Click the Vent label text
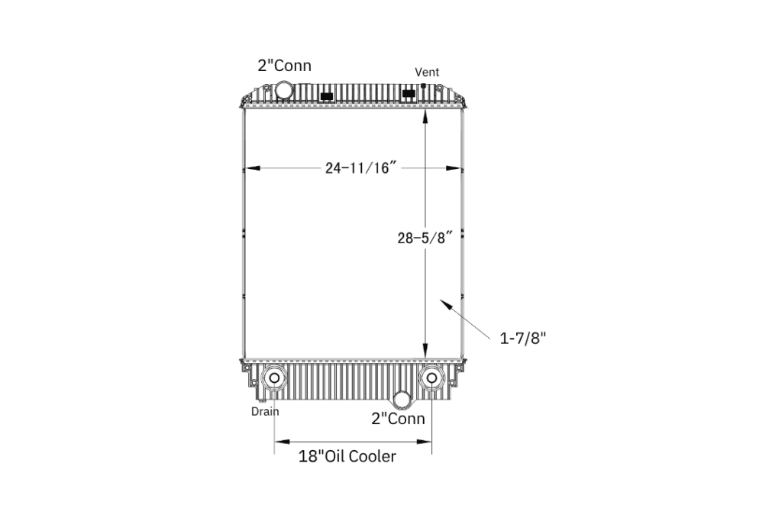tap(427, 73)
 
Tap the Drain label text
tap(265, 412)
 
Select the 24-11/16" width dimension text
tap(360, 167)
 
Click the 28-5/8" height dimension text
tap(425, 238)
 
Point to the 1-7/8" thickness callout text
tap(523, 339)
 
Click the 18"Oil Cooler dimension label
tap(347, 456)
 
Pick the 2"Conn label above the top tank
tap(284, 66)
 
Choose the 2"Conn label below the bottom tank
tap(398, 418)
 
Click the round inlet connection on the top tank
tap(284, 91)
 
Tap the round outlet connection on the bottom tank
tap(402, 399)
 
